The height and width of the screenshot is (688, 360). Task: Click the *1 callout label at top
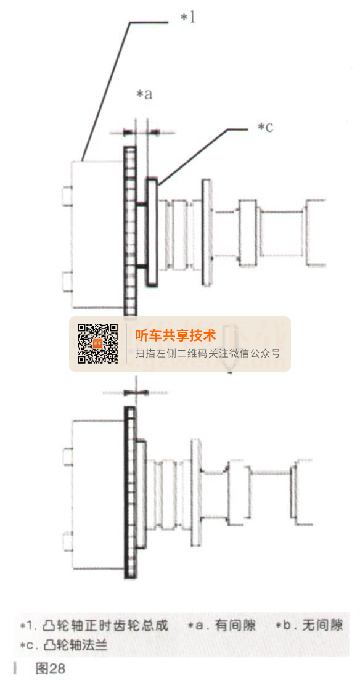(188, 18)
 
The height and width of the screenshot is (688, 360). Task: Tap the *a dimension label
(144, 94)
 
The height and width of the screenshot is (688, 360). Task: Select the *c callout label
(265, 127)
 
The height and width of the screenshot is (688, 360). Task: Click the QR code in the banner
(98, 343)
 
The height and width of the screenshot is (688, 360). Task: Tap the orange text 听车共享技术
(176, 335)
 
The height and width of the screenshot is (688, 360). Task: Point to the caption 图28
(51, 669)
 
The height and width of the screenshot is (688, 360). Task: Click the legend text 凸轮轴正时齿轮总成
(105, 626)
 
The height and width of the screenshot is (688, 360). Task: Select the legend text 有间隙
(235, 626)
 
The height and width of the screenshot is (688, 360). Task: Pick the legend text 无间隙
(322, 626)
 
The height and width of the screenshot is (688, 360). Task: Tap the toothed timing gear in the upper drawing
(130, 231)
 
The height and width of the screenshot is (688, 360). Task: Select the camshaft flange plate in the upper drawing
(152, 232)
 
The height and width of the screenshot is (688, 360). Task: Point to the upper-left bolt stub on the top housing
(67, 195)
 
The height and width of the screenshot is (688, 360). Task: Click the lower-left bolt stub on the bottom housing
(68, 541)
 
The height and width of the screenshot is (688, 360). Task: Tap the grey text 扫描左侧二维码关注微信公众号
(208, 353)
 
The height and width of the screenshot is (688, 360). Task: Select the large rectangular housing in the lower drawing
(98, 494)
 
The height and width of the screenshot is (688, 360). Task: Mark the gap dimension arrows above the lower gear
(136, 392)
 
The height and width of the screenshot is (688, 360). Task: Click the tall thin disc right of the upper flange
(207, 232)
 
